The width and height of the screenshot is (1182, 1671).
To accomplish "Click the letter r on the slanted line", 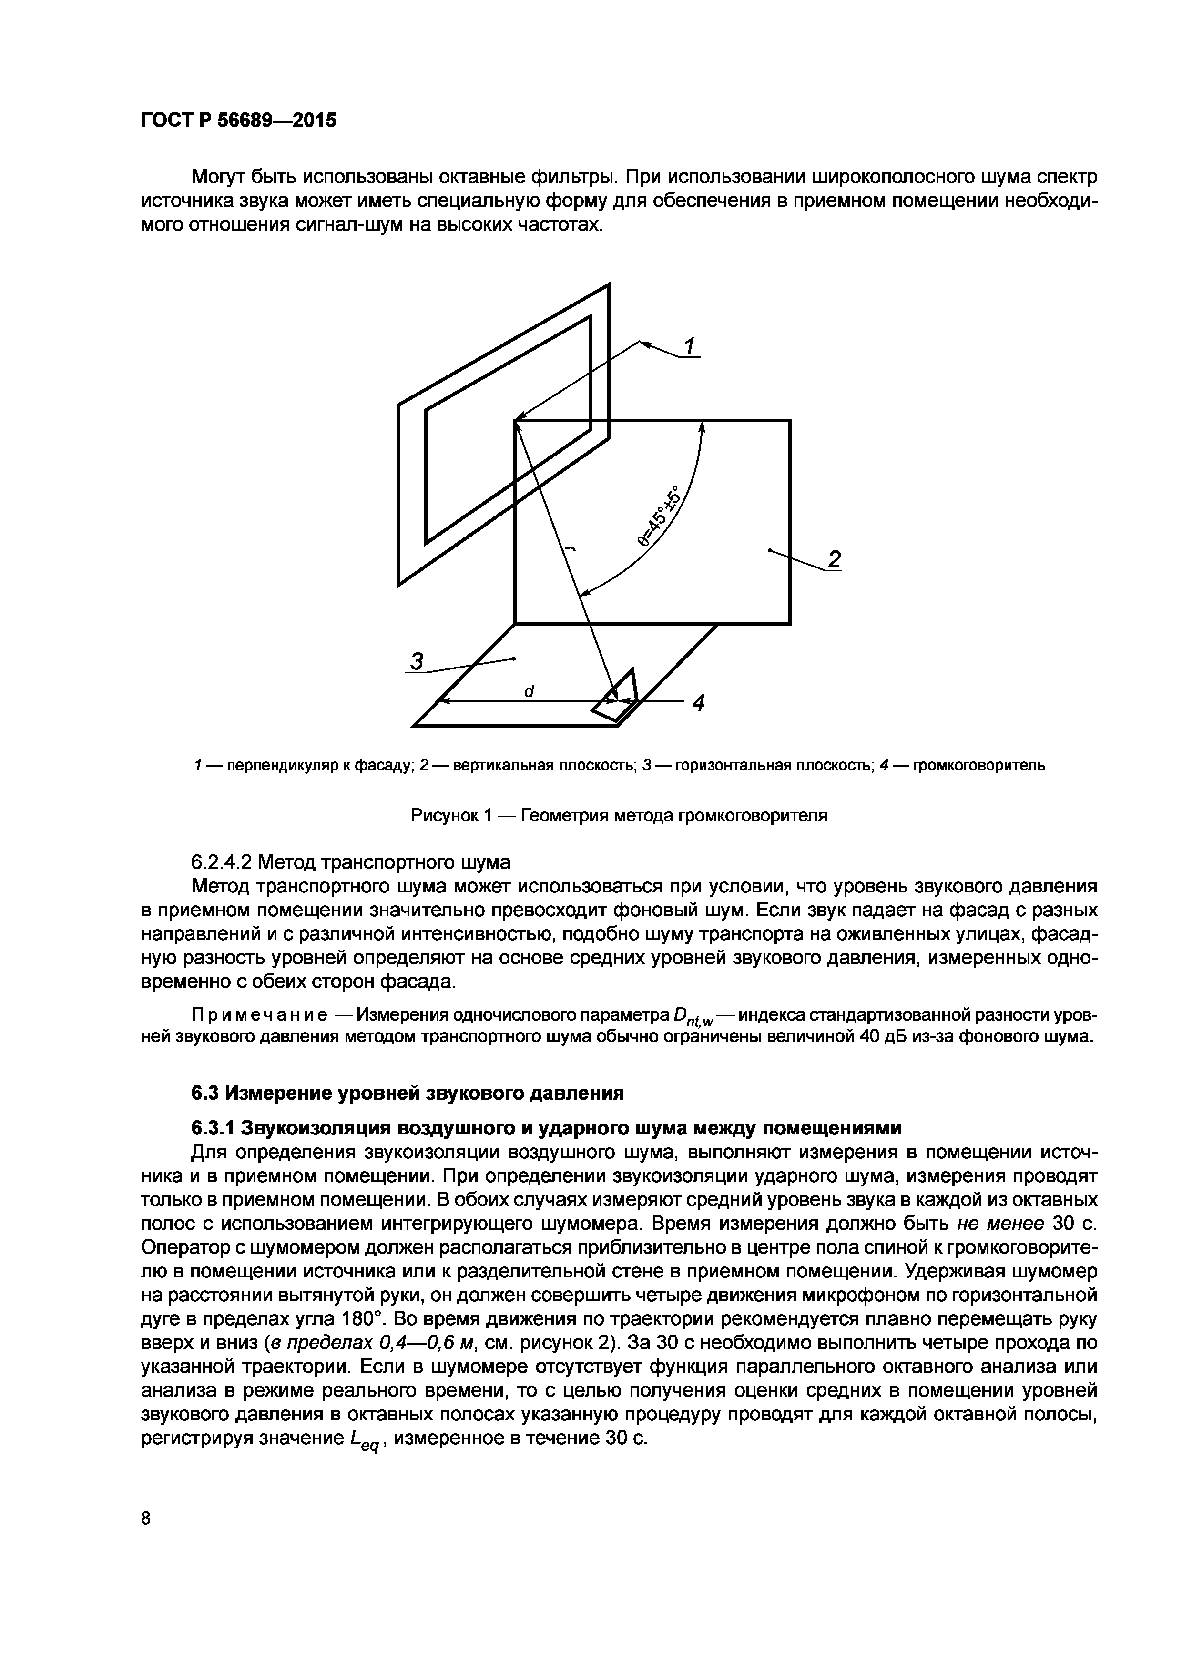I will (x=569, y=550).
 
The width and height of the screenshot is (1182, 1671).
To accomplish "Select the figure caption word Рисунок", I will (x=445, y=816).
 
